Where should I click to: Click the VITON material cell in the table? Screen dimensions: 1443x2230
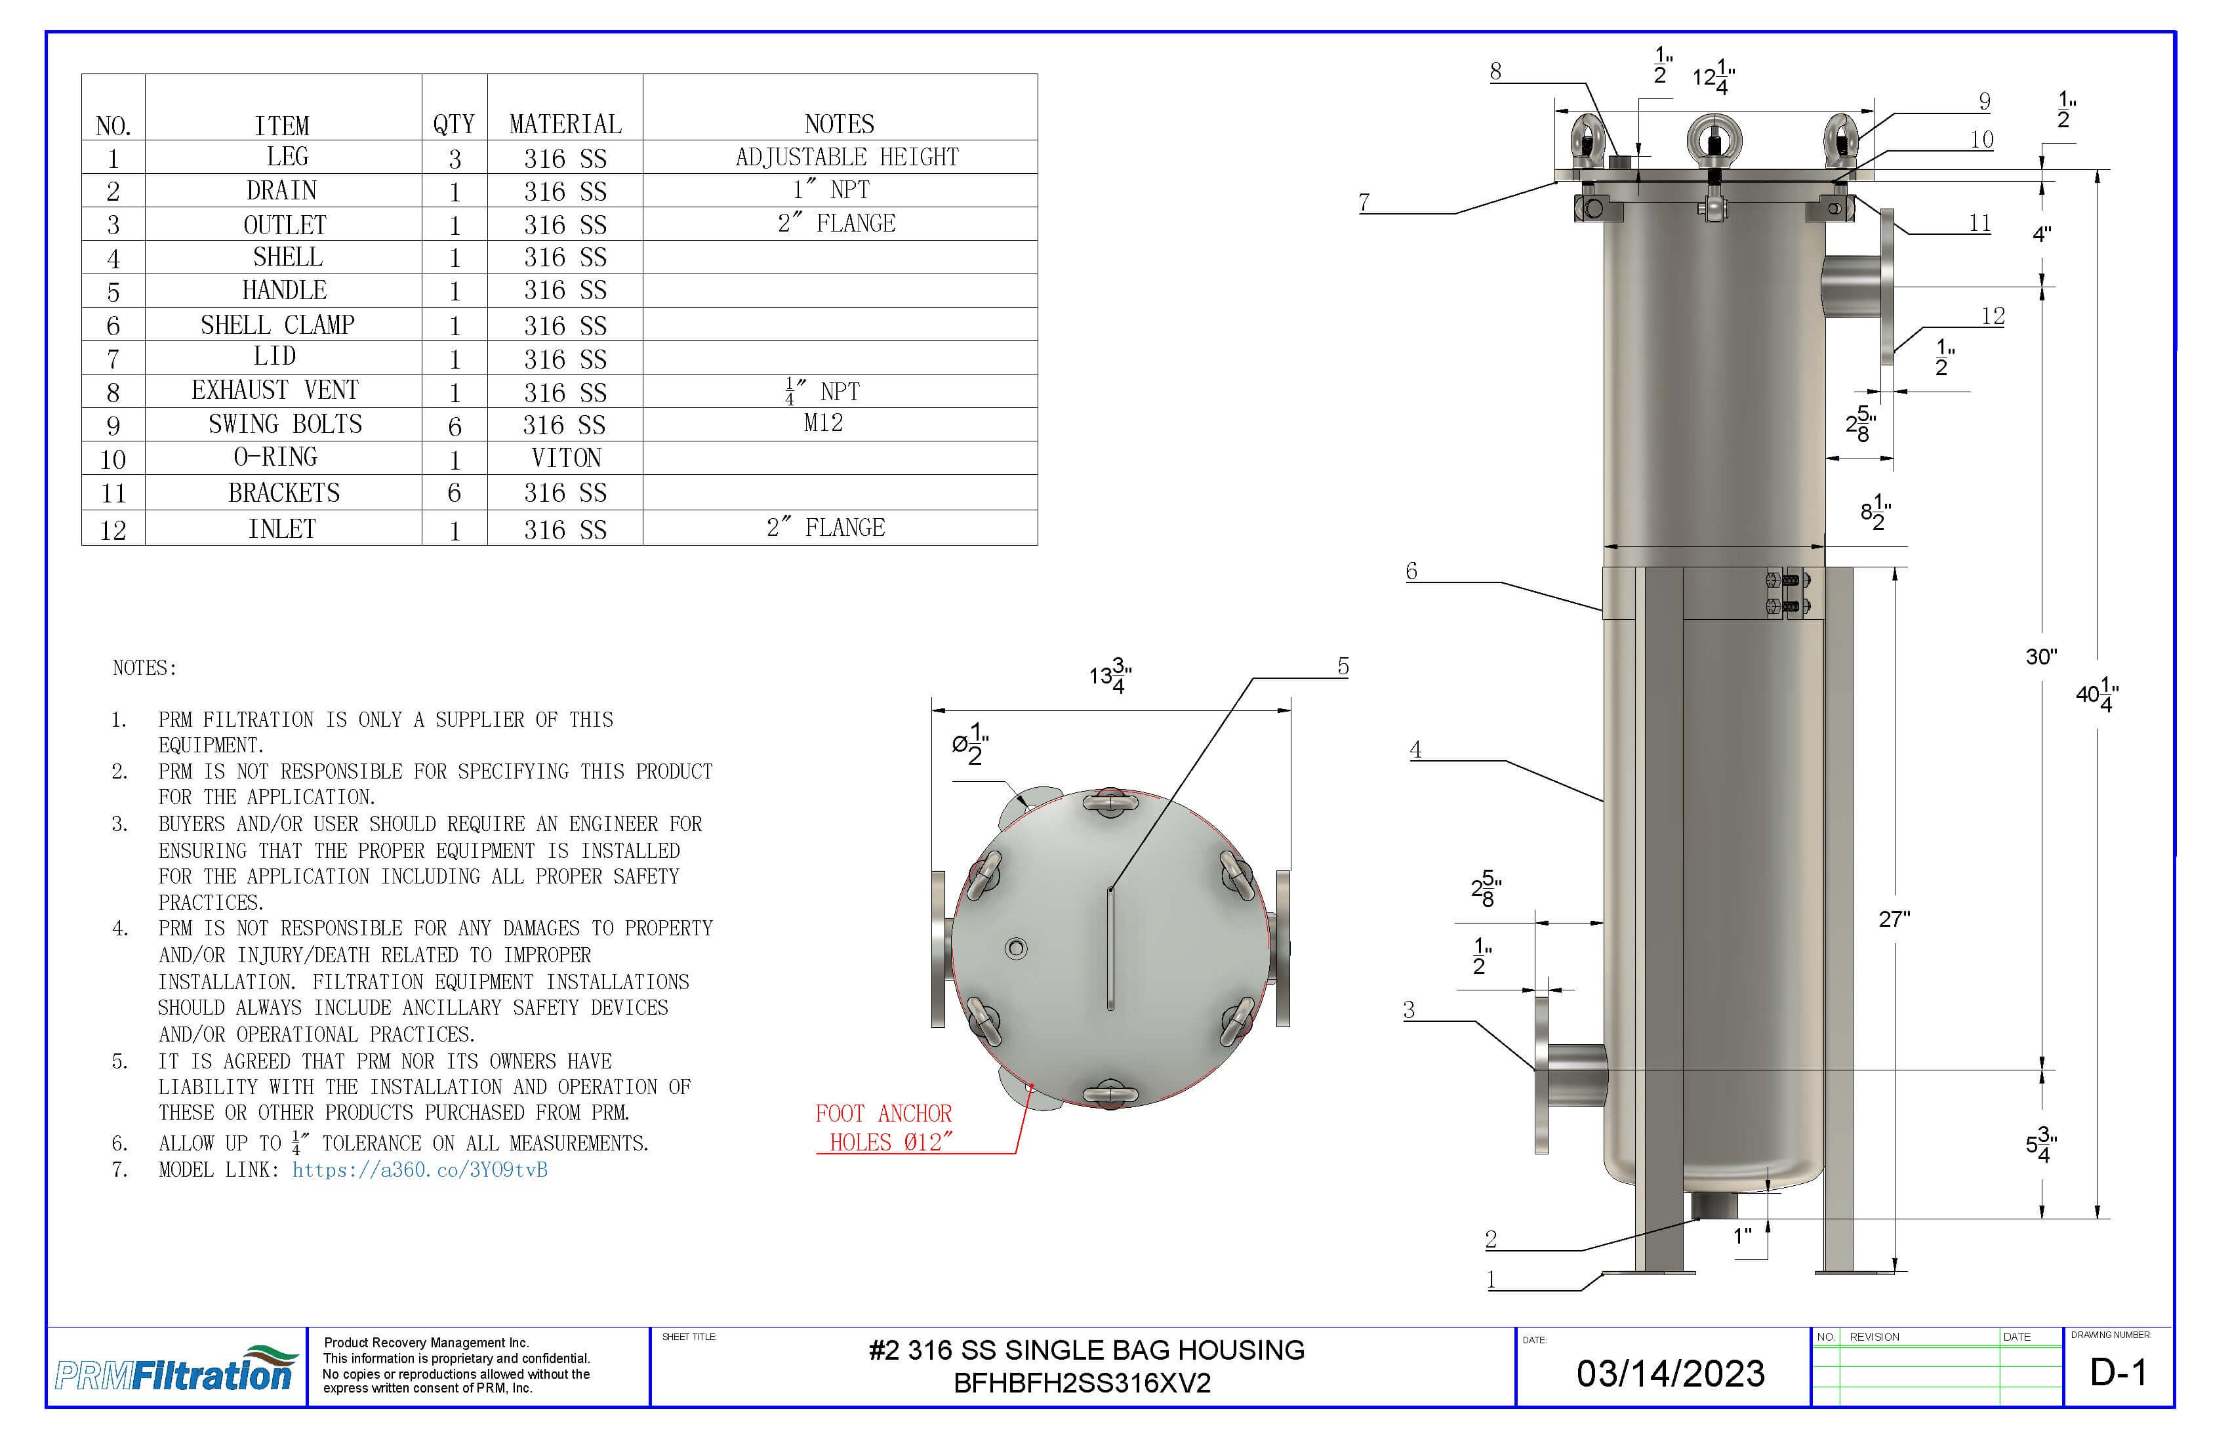[565, 458]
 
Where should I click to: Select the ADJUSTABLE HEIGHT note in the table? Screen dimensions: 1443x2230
[846, 157]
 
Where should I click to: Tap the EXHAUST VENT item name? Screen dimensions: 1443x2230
[275, 390]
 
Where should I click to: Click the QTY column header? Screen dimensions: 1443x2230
[453, 124]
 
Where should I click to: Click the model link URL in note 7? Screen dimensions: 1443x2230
[419, 1169]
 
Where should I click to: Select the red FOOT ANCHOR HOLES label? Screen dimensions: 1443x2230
[883, 1128]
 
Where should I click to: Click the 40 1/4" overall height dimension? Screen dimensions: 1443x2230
[2096, 695]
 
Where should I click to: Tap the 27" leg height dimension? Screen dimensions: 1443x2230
[1893, 919]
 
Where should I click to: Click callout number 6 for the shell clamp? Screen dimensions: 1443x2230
[1411, 571]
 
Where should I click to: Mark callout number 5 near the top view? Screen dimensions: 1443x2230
[1343, 666]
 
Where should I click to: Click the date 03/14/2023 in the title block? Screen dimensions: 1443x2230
[1670, 1373]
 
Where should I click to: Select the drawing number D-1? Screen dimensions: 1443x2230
[2118, 1373]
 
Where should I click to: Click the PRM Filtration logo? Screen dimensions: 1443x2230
[175, 1370]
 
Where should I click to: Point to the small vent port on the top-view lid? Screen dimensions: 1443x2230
[1016, 948]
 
